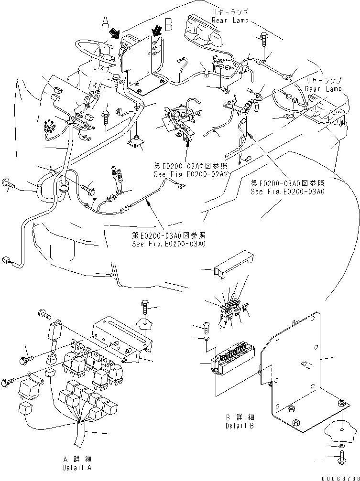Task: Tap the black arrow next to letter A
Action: [115, 33]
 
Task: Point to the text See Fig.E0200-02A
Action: [190, 174]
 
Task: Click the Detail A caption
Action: [76, 463]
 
